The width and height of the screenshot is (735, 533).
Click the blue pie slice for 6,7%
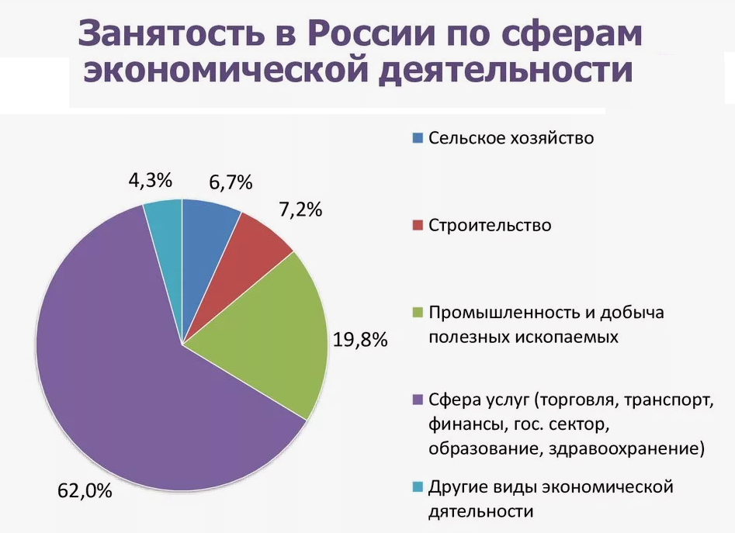[206, 253]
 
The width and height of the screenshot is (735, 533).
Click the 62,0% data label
[85, 491]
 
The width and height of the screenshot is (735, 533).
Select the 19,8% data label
[360, 340]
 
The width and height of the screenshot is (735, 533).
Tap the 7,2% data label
[300, 209]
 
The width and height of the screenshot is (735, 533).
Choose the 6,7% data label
[231, 182]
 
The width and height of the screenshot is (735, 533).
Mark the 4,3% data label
[151, 180]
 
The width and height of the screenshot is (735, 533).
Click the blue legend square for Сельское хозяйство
[418, 137]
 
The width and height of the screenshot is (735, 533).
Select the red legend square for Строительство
[418, 225]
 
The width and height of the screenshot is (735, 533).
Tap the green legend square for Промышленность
[418, 313]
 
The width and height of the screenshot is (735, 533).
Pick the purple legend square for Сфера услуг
[418, 400]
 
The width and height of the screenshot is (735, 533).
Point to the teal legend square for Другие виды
[418, 487]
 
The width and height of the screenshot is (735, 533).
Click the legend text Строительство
[490, 225]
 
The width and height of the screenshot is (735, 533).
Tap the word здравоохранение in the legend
[626, 448]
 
